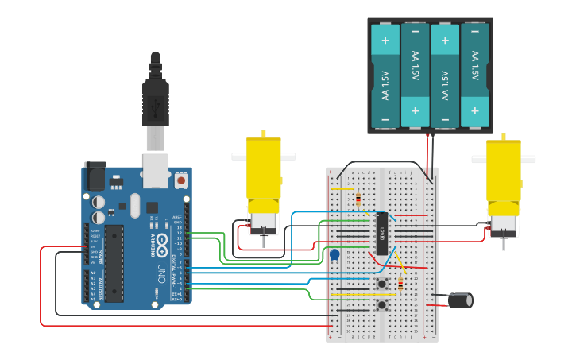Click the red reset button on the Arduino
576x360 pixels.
coord(181,180)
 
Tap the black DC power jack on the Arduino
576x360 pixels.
coord(95,176)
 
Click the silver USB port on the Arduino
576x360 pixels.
coord(154,170)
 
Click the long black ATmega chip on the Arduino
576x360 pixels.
coord(114,263)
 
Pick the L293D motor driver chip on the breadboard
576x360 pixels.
coord(382,233)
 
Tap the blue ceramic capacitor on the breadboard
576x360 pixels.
coord(334,255)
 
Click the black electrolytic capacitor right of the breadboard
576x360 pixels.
coord(461,300)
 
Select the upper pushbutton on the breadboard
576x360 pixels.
coord(382,284)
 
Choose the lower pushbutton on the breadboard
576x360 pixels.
coord(382,304)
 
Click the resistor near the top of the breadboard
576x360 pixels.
coord(358,199)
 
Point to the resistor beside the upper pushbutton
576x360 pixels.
coord(400,284)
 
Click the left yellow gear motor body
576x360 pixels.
coord(263,169)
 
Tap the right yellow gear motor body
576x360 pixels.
coord(504,171)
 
